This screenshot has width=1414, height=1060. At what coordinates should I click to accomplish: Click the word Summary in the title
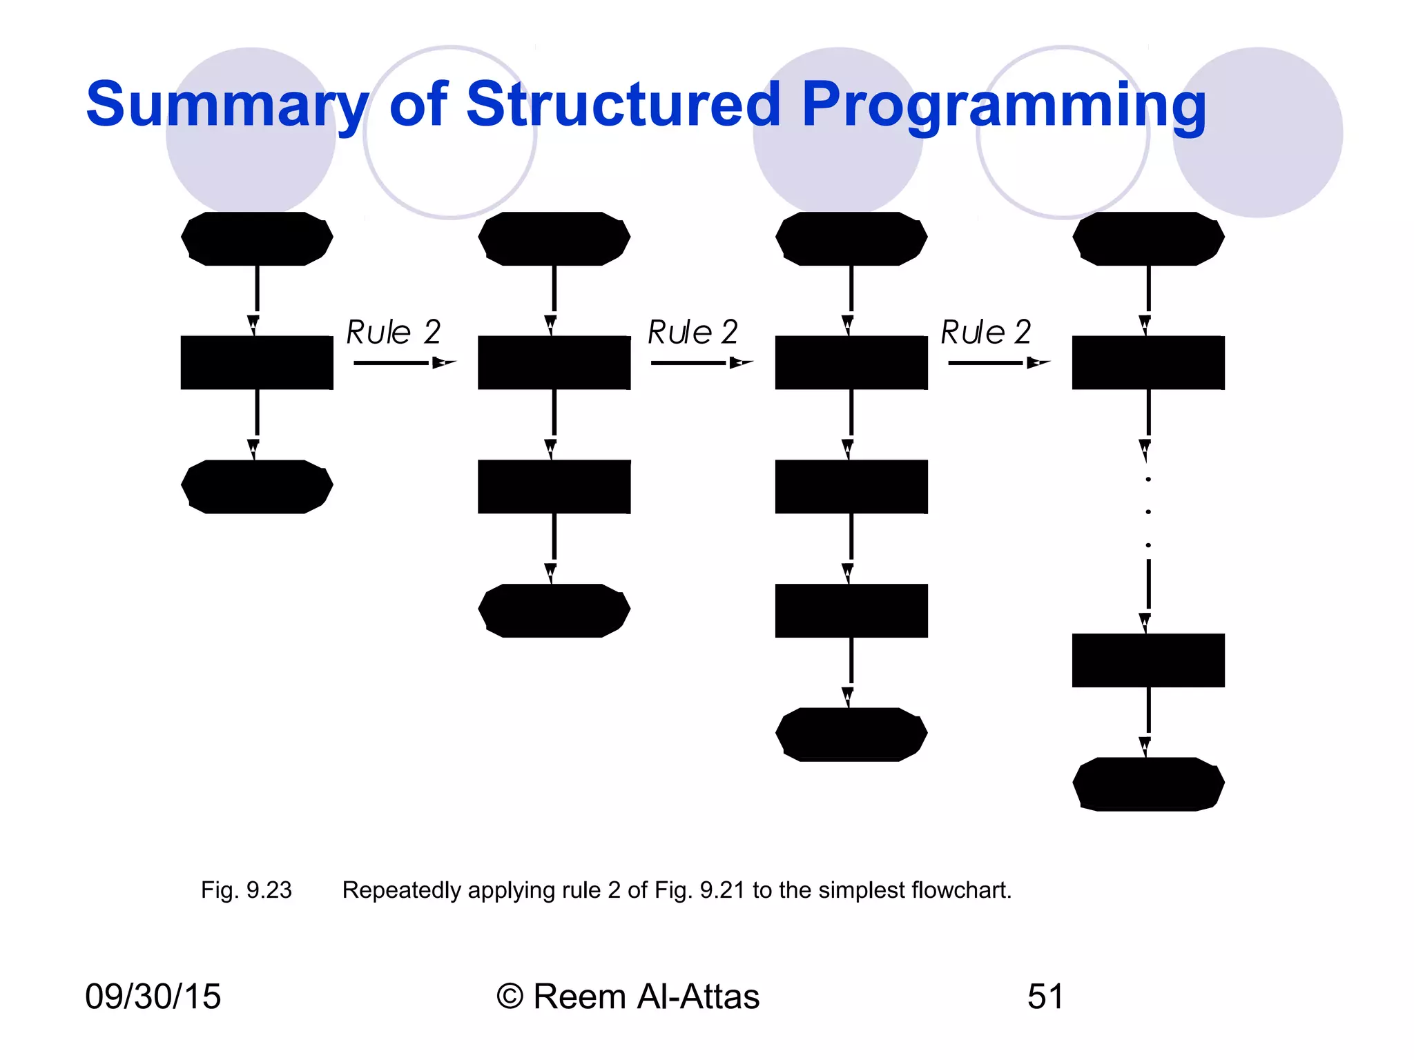coord(226,105)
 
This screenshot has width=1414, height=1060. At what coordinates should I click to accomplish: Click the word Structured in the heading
coord(623,105)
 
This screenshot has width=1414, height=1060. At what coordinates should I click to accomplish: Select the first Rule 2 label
coord(394,332)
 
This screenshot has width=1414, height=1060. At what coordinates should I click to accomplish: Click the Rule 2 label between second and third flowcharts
coord(693,332)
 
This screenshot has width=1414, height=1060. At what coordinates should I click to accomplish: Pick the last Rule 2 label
coord(986,332)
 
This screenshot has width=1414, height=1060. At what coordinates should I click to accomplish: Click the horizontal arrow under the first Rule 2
coord(404,363)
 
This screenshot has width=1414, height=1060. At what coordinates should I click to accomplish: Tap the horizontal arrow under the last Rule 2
coord(998,363)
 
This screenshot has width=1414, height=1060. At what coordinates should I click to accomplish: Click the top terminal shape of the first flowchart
coord(257,239)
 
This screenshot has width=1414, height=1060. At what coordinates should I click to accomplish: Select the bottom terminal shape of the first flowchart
coord(257,487)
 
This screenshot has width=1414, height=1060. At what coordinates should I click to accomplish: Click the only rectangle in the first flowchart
coord(257,363)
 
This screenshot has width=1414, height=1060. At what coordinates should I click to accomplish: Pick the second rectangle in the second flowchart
coord(554,487)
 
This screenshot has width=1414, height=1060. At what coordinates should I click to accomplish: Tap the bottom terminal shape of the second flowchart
coord(554,611)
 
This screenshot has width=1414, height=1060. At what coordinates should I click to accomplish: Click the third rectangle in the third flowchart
coord(851,611)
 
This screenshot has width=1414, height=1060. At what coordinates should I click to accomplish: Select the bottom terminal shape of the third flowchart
coord(851,734)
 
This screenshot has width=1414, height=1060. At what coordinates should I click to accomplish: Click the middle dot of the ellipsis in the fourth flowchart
coord(1148,512)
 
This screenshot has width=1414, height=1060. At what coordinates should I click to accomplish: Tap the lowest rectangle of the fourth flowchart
coord(1148,660)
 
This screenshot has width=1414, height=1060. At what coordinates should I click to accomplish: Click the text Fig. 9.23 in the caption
coord(246,890)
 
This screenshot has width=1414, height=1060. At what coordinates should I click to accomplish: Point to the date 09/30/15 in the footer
coord(153,997)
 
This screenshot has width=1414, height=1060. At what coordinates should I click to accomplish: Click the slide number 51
coord(1045,997)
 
